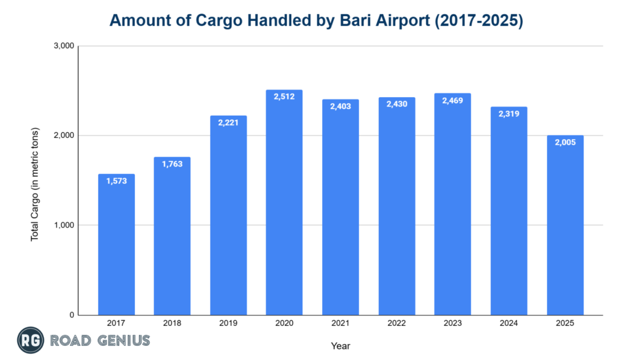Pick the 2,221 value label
(x=228, y=122)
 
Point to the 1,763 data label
(x=172, y=164)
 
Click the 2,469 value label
(x=452, y=100)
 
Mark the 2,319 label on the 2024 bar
(x=509, y=114)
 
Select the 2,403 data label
(x=341, y=106)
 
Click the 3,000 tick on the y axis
(x=64, y=46)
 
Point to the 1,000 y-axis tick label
(x=64, y=225)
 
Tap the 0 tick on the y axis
(x=71, y=315)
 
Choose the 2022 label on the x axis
(x=396, y=324)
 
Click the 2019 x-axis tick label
(x=228, y=324)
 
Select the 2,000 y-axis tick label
(x=64, y=135)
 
